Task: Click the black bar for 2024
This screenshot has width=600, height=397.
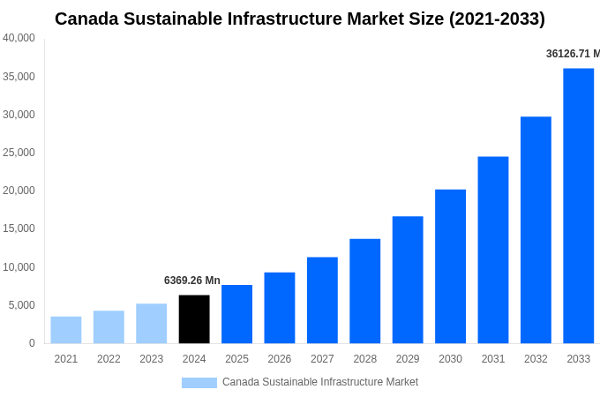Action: [x=194, y=319]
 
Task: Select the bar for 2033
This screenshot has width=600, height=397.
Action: [x=578, y=206]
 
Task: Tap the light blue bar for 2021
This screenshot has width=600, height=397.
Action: [x=66, y=330]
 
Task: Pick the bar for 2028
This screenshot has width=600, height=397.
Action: [x=364, y=291]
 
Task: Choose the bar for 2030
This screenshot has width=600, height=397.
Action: [x=450, y=266]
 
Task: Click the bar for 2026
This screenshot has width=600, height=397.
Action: [x=280, y=308]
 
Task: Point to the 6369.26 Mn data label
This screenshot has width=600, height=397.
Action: [x=192, y=281]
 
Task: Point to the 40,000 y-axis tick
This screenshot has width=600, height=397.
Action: [x=19, y=38]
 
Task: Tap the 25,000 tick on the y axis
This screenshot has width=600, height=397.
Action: [x=19, y=153]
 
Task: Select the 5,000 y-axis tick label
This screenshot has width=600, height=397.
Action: [x=21, y=305]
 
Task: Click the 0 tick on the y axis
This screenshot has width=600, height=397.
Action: [x=32, y=343]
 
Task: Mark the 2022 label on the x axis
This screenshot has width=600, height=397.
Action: [x=109, y=359]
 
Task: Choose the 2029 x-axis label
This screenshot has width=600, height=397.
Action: [x=408, y=359]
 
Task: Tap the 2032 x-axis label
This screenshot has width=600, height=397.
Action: [x=536, y=359]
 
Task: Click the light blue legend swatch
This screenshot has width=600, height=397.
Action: [x=199, y=382]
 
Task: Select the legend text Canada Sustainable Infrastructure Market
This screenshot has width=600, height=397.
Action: [x=320, y=382]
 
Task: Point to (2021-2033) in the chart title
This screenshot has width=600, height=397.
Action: [x=497, y=19]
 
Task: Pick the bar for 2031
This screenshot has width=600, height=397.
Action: [x=493, y=250]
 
